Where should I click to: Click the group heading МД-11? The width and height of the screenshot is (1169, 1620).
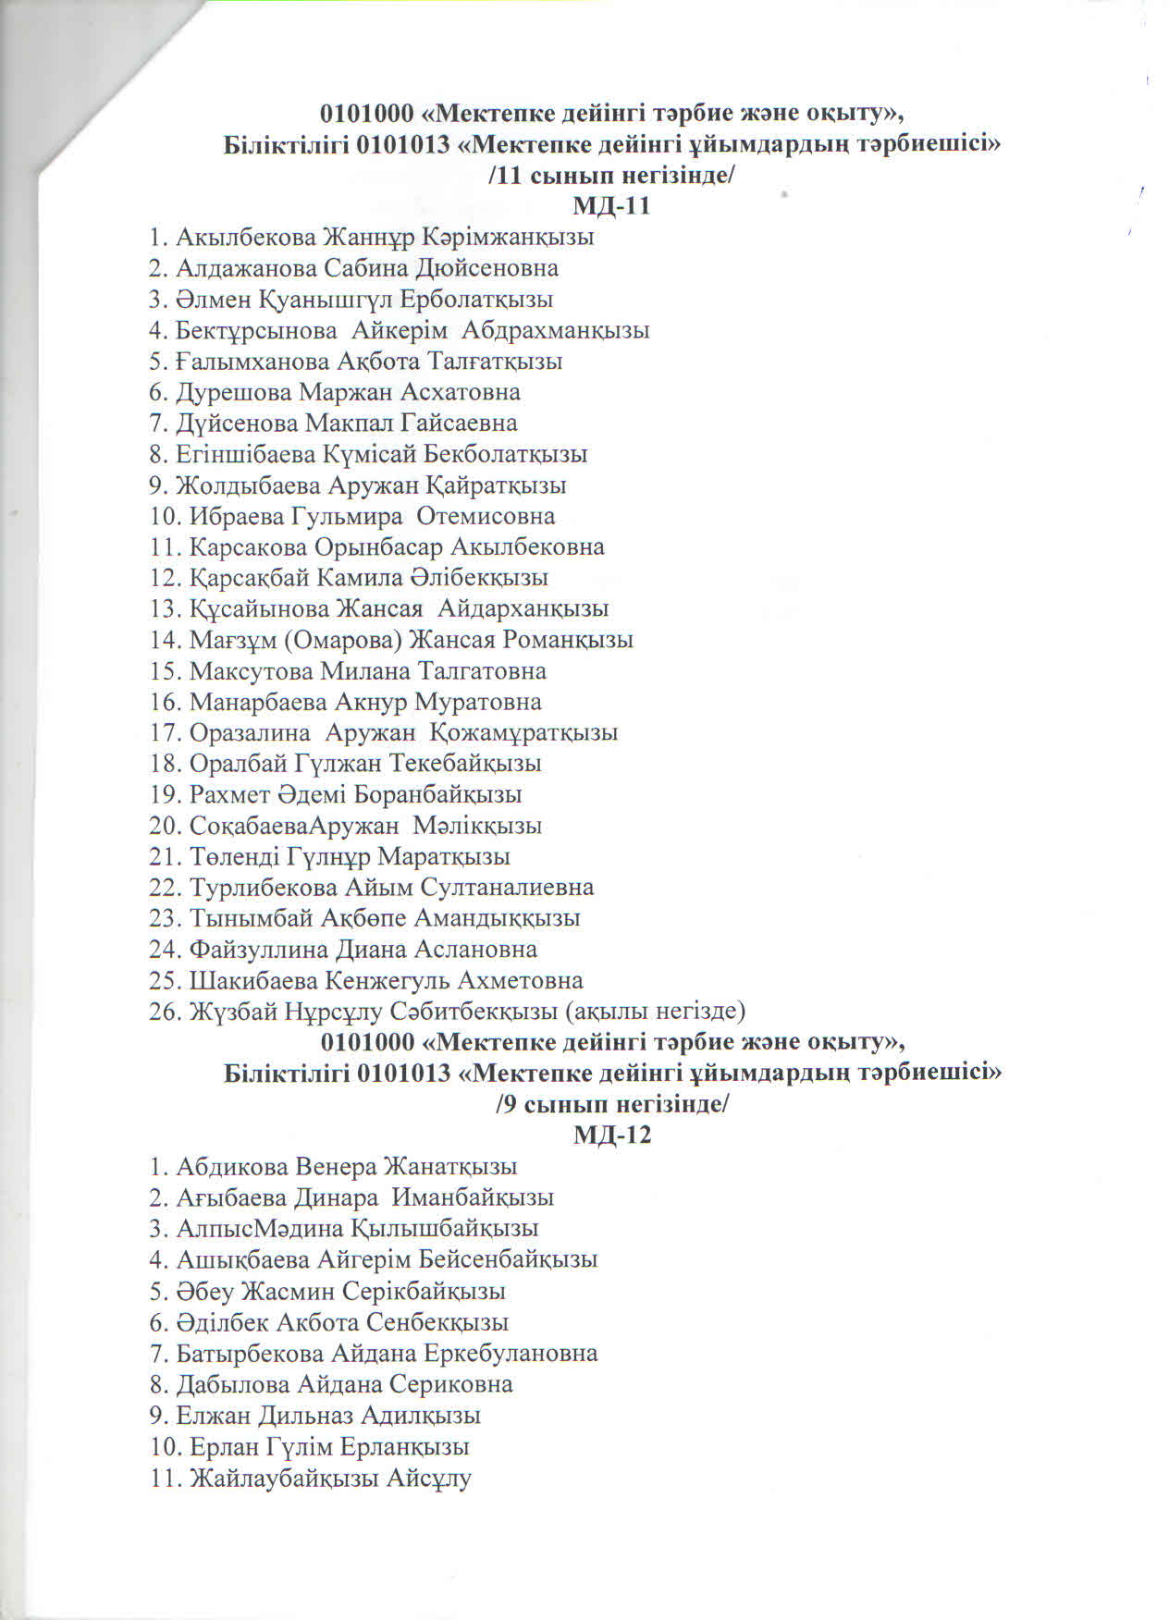tap(611, 206)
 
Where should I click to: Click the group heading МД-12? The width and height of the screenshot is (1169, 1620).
tap(612, 1135)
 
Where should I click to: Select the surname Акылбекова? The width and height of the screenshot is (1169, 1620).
tap(245, 238)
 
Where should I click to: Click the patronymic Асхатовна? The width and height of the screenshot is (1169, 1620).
tap(460, 392)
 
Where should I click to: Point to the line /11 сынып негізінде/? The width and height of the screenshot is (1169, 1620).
tap(611, 176)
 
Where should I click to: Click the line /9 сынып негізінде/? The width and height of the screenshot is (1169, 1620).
tap(612, 1104)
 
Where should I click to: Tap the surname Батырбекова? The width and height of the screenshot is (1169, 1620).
tap(250, 1354)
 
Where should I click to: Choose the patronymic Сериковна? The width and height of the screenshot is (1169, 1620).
tap(450, 1384)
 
